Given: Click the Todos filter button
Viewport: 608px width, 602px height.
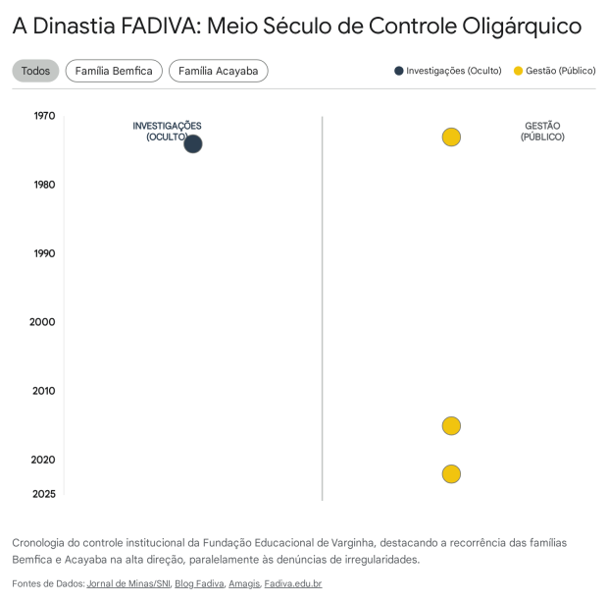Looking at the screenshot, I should click(35, 71).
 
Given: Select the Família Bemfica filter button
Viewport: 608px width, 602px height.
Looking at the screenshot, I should click(114, 71).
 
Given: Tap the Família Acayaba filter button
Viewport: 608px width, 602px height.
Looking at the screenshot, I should click(218, 71).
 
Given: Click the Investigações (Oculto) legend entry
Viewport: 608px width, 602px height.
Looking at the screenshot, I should click(448, 71).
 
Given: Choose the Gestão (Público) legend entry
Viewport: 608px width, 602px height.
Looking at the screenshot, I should click(554, 71).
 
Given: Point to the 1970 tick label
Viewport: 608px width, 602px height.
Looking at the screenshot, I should click(44, 116).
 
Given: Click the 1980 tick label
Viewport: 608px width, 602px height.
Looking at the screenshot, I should click(44, 185).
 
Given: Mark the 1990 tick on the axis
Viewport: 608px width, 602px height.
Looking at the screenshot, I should click(44, 253).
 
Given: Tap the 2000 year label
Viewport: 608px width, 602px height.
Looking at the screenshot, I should click(42, 322).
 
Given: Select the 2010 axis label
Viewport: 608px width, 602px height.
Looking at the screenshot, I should click(43, 391).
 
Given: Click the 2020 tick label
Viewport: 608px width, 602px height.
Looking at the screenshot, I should click(43, 460).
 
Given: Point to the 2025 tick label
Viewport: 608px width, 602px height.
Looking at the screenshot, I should click(43, 494).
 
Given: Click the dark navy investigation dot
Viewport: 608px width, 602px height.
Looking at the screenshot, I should click(193, 143).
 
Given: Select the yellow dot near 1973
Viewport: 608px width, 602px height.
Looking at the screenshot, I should click(451, 137).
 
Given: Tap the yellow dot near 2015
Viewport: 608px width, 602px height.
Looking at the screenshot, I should click(451, 426).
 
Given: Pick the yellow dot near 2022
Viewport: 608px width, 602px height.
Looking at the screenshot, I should click(451, 474).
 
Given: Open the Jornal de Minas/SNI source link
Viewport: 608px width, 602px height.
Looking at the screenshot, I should click(128, 584).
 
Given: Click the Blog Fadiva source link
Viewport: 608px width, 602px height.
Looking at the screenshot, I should click(199, 584).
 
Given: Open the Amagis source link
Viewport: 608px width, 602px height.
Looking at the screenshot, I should click(244, 584).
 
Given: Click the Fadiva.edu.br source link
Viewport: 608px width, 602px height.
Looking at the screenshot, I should click(292, 584).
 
